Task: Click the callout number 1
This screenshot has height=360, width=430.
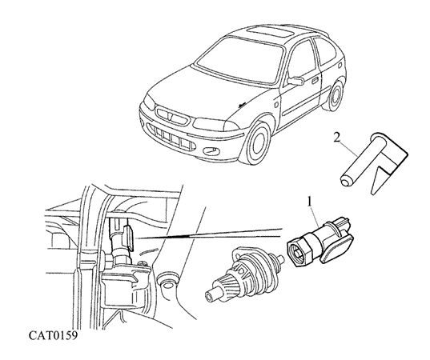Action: tap(310, 202)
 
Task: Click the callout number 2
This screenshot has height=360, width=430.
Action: tap(337, 138)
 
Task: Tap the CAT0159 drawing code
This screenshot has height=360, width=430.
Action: tap(54, 335)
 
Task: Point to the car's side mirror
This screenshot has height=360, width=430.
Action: tap(295, 81)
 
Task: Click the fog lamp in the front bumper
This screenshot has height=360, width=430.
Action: tap(211, 150)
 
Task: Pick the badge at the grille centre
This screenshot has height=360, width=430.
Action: tap(171, 117)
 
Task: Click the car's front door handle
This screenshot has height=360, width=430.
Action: tap(315, 80)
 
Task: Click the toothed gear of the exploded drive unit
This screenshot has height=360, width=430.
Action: tap(227, 282)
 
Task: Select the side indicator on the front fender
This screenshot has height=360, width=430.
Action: tap(276, 104)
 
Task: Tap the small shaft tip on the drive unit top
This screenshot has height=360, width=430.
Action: tap(280, 258)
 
